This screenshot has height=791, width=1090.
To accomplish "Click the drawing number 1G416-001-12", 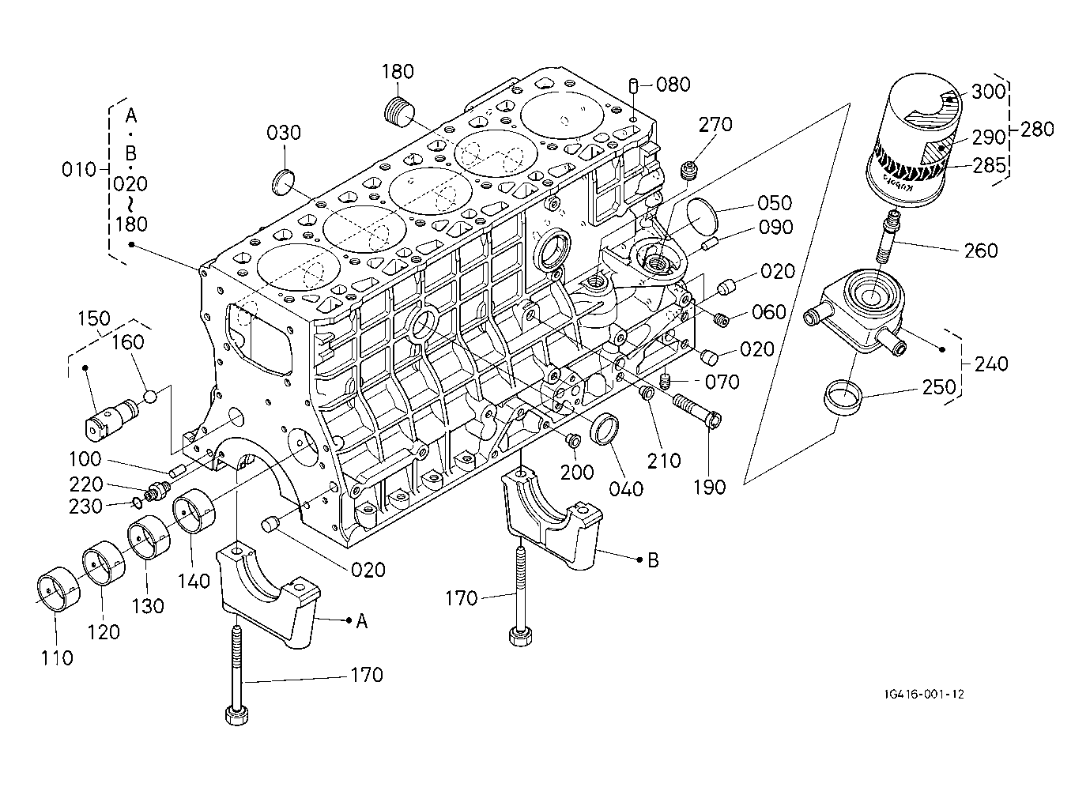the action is pos(924,694).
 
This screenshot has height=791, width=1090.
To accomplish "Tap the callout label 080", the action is pos(673,85).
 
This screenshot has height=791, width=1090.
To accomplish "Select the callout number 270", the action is pos(715,125).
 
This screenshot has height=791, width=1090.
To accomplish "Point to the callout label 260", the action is pos(981,251).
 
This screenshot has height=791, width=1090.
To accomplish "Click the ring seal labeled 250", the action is pos(843,397).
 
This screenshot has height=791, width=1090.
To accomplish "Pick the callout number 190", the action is pos(709,487).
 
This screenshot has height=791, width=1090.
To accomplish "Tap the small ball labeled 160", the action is pos(151,397).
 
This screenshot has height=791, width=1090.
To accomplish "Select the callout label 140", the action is pos(194,581).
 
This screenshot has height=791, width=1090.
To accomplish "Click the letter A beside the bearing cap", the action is pos(361,622).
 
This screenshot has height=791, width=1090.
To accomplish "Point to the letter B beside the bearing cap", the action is pos(653,560).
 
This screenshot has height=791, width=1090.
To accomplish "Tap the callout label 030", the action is pos(284,133).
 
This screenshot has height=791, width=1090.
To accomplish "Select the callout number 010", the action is pos(79,170).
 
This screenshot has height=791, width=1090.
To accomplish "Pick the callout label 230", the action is pos(85,507).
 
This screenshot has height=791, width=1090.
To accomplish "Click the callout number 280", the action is pos(1037,130).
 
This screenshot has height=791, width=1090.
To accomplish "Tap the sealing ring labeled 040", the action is pos(605,429).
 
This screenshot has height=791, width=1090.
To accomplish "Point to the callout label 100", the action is pos(85,459).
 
